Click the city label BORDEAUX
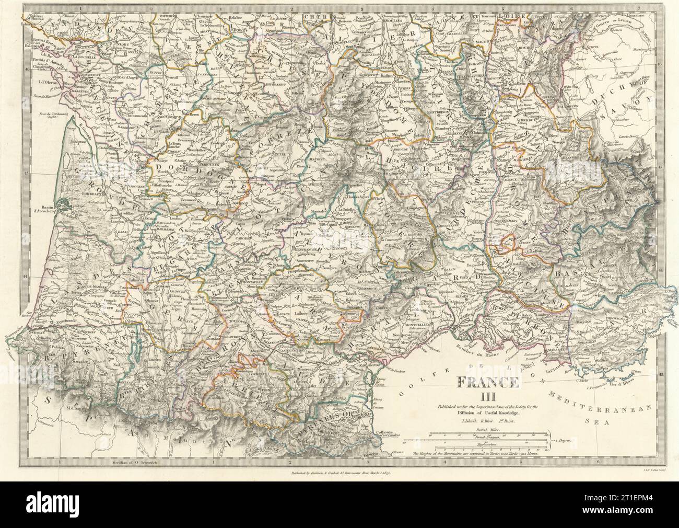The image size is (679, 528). click(x=93, y=193)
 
